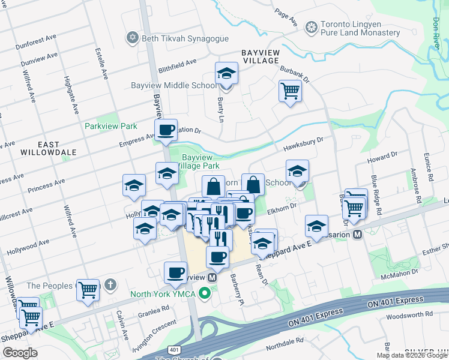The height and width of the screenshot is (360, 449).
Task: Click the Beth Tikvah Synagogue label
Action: tap(185, 38)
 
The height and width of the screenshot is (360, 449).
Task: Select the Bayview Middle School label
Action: tap(174, 85)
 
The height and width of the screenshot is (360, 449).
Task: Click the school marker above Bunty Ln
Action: tap(226, 74)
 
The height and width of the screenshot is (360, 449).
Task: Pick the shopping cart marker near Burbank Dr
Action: tap(290, 92)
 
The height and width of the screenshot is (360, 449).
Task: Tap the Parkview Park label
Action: tap(111, 126)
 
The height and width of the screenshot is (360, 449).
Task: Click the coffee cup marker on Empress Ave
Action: tap(166, 130)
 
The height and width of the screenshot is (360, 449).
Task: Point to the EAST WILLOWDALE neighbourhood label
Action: tap(49, 149)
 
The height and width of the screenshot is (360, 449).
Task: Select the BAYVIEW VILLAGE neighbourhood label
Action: tap(261, 56)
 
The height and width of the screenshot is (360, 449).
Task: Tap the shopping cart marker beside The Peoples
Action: tap(88, 290)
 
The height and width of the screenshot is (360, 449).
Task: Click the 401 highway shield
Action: tap(174, 349)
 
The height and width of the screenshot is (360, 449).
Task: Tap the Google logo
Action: tap(20, 353)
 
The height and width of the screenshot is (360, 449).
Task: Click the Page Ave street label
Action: tap(286, 17)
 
